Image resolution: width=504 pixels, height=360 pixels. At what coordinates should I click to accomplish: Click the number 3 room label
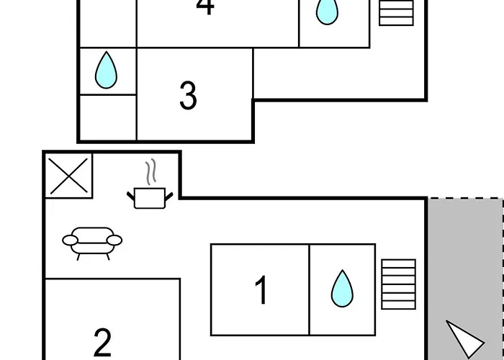click(188, 96)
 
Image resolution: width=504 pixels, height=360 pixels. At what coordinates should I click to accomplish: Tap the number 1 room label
click(261, 289)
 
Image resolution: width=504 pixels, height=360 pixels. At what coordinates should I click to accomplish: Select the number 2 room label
click(102, 342)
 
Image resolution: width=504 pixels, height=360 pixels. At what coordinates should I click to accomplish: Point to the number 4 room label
click(205, 6)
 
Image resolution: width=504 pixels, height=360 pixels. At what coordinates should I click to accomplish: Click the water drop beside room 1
click(342, 288)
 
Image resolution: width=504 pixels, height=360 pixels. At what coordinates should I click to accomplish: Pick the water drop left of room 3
click(106, 70)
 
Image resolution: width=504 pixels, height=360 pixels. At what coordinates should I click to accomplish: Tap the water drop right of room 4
click(327, 12)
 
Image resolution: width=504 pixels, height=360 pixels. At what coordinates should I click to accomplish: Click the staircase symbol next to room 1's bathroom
click(399, 284)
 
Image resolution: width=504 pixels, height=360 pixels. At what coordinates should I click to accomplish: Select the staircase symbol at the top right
click(396, 13)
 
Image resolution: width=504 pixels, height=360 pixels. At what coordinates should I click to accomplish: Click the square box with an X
click(69, 176)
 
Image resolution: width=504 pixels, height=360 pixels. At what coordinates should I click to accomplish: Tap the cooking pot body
click(150, 198)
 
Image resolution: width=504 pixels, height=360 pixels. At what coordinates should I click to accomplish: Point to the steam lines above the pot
click(150, 171)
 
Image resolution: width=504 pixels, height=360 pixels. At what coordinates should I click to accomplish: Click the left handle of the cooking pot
click(130, 196)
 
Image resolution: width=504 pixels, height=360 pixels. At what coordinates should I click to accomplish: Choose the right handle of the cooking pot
click(169, 196)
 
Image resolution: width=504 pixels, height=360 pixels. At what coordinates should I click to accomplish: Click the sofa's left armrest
click(70, 240)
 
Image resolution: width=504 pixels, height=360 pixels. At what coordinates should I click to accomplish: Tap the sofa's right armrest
click(114, 240)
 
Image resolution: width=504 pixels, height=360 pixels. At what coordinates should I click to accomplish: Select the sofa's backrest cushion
click(93, 235)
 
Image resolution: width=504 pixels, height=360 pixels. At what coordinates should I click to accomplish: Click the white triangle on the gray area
click(465, 338)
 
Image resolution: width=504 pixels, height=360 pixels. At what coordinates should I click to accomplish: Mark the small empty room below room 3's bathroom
click(108, 117)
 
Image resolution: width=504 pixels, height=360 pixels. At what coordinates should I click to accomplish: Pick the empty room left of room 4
click(108, 23)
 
